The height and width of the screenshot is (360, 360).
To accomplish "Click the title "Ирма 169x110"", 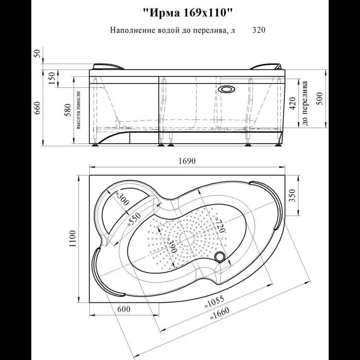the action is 188,13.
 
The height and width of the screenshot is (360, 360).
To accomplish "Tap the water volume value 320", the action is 259,30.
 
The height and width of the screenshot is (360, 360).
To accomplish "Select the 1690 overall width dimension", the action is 187,161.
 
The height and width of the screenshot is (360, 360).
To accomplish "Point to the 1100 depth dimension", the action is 72,239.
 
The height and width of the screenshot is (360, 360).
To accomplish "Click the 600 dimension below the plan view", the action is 124,309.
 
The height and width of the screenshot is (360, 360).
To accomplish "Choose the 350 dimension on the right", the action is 292,195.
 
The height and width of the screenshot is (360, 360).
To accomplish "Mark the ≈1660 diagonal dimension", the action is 219,314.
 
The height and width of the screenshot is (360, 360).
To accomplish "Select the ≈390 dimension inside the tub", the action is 172,243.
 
